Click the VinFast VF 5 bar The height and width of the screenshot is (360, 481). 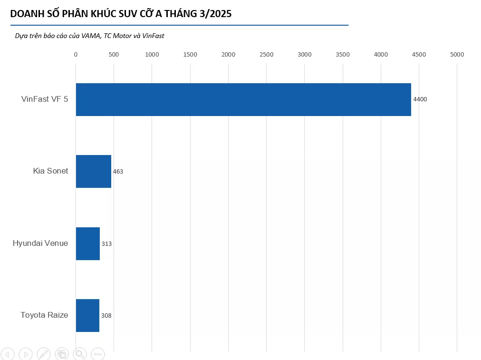pyautogui.click(x=243, y=99)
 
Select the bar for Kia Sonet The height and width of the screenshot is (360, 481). pyautogui.click(x=93, y=171)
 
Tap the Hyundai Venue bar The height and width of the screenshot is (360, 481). pyautogui.click(x=87, y=243)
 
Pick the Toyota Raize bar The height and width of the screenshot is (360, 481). pyautogui.click(x=87, y=315)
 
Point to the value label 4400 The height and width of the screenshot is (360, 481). pyautogui.click(x=420, y=99)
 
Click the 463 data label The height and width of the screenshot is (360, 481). pyautogui.click(x=118, y=172)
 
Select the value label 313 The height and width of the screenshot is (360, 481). pyautogui.click(x=106, y=244)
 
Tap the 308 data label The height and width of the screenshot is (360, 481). pyautogui.click(x=106, y=315)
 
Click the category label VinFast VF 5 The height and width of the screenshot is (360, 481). pyautogui.click(x=45, y=99)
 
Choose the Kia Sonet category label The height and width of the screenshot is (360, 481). pyautogui.click(x=50, y=171)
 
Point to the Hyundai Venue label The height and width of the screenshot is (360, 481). pyautogui.click(x=40, y=243)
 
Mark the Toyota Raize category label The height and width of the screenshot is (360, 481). pyautogui.click(x=44, y=315)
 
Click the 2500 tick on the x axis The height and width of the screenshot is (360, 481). pyautogui.click(x=267, y=55)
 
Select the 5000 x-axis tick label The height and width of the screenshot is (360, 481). pyautogui.click(x=457, y=55)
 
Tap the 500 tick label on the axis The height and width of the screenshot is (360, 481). pyautogui.click(x=114, y=55)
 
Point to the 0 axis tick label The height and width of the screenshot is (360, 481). pyautogui.click(x=76, y=55)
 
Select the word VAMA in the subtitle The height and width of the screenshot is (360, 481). pyautogui.click(x=91, y=36)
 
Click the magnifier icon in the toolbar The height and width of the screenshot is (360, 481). pyautogui.click(x=79, y=354)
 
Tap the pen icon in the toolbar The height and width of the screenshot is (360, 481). pyautogui.click(x=43, y=354)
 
